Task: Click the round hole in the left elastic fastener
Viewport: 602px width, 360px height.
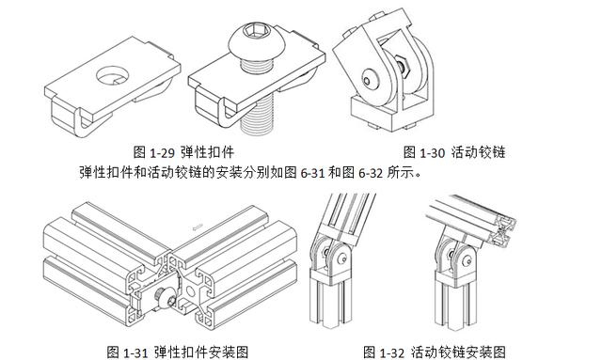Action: coord(112,75)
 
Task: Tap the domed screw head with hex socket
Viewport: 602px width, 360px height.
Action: coord(255,39)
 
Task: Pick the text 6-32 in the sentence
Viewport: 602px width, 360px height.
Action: coord(371,174)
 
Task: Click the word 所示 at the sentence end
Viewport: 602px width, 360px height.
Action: coord(400,173)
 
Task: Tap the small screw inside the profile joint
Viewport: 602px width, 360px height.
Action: coord(162,298)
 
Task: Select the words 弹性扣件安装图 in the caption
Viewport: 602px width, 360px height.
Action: coord(201,352)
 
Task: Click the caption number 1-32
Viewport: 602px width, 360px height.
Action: coord(391,352)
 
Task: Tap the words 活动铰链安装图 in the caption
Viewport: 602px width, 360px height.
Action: coord(458,352)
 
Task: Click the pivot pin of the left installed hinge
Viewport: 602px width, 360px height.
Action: coord(343,258)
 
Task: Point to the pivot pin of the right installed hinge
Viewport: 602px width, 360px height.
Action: coord(468,261)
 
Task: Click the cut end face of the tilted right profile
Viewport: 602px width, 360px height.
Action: coord(505,230)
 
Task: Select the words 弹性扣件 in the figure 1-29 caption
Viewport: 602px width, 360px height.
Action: coord(207,152)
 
